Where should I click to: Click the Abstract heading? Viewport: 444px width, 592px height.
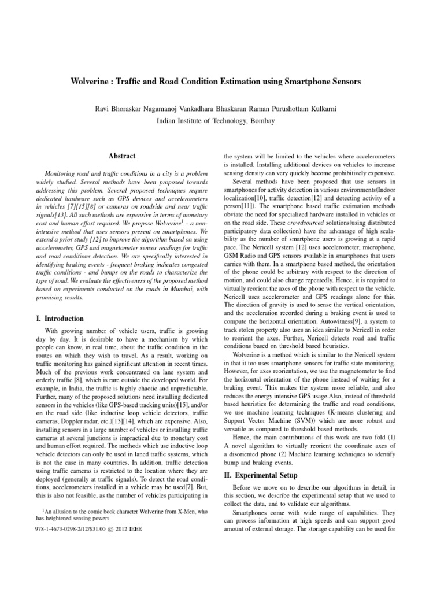coord(122,156)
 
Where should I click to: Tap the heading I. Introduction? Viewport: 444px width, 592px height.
coord(60,319)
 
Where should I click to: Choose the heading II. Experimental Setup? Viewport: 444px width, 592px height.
coord(261,475)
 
